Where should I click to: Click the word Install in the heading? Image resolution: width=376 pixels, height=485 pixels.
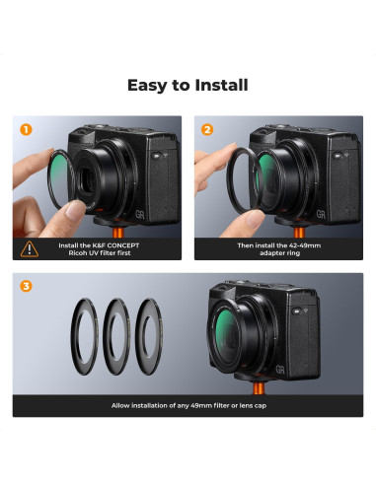[221, 85]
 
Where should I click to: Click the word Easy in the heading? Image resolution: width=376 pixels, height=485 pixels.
[147, 86]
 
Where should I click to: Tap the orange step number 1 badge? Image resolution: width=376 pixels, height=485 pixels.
[26, 129]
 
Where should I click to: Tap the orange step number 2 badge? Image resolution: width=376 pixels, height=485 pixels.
[207, 129]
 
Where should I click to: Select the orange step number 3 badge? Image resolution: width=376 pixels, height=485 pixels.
[26, 286]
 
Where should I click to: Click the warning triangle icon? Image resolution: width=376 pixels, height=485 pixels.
[30, 249]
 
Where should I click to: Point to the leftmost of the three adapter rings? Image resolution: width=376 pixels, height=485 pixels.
[73, 336]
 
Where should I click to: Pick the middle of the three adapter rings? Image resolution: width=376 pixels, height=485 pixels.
[106, 336]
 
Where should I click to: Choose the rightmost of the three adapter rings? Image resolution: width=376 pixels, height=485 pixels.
[138, 336]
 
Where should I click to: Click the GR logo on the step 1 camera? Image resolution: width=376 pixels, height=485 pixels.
[140, 215]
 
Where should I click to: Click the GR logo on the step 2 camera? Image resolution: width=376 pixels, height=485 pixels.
[321, 215]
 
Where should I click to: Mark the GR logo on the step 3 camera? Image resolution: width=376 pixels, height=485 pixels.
[280, 370]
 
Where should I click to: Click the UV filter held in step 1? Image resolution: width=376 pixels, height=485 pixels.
[50, 179]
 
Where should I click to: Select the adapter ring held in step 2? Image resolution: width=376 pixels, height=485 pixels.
[229, 179]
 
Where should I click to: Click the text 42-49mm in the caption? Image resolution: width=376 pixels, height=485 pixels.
[302, 245]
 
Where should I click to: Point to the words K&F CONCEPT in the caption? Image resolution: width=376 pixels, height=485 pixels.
[115, 245]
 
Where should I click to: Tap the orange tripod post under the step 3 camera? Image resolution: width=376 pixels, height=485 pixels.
[259, 388]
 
